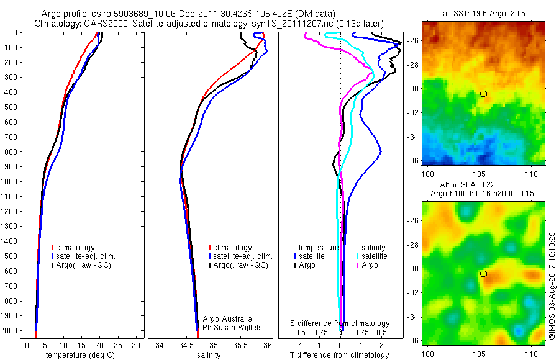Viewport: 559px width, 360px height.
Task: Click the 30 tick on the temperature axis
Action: pyautogui.click(x=137, y=345)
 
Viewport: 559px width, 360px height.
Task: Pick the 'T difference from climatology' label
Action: pyautogui.click(x=339, y=355)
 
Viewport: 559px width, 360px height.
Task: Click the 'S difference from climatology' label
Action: pyautogui.click(x=340, y=323)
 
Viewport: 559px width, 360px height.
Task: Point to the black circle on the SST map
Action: pyautogui.click(x=483, y=94)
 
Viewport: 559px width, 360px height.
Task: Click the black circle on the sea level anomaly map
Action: pyautogui.click(x=483, y=274)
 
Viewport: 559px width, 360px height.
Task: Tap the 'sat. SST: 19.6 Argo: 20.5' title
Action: pyautogui.click(x=483, y=12)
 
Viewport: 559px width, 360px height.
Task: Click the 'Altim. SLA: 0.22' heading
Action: pyautogui.click(x=483, y=186)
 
